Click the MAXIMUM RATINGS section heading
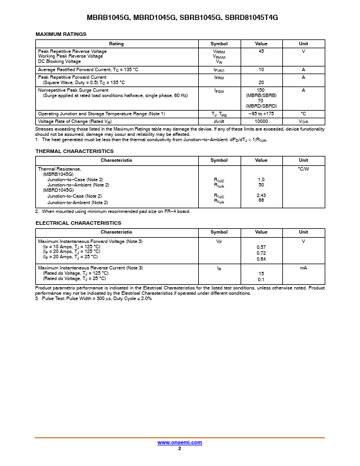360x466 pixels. tap(61, 34)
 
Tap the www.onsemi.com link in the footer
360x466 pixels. tap(179, 442)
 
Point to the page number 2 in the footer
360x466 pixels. tap(179, 448)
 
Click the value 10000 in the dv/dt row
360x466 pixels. tap(261, 121)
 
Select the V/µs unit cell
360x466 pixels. tap(303, 121)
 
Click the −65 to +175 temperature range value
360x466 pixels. tap(261, 113)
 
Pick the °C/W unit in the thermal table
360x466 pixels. tap(303, 169)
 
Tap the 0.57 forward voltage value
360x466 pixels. tap(261, 247)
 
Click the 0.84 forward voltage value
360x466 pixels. tap(261, 259)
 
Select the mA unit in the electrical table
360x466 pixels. tap(303, 268)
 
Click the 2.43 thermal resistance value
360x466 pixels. tap(261, 195)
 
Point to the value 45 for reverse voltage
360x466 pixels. tap(261, 51)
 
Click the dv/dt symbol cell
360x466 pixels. tap(219, 121)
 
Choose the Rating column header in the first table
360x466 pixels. tap(116, 44)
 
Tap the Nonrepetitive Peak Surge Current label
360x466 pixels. tap(73, 90)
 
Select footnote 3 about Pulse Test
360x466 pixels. tap(94, 298)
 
